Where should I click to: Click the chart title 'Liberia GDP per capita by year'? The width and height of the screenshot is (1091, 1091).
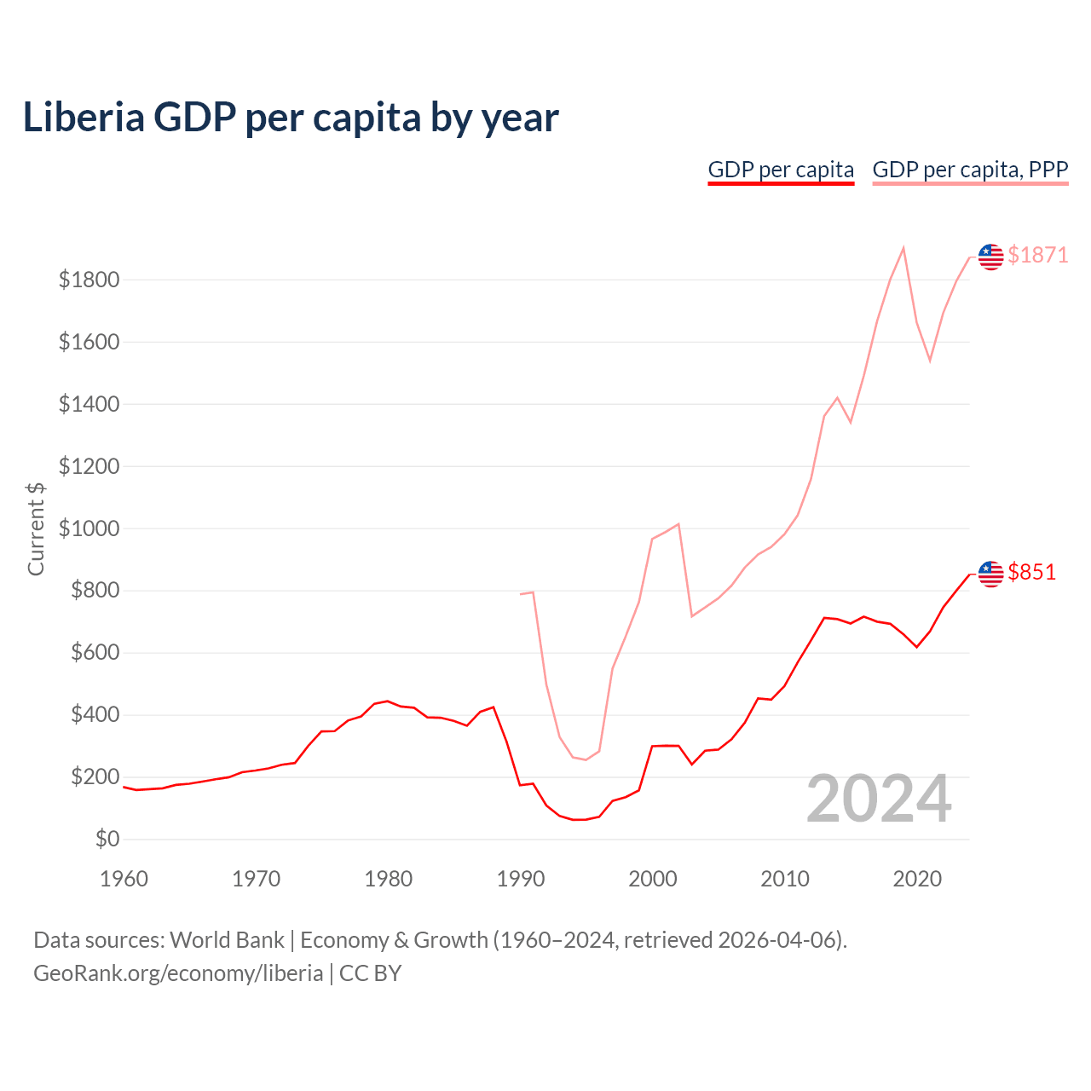click(x=291, y=118)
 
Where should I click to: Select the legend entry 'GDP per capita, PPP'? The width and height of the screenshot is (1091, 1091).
click(x=970, y=170)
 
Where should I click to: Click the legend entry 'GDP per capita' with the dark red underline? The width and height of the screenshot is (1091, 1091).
click(x=781, y=170)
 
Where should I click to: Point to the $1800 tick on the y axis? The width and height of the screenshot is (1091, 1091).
click(x=89, y=280)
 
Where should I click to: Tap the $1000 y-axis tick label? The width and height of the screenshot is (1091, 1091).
click(x=89, y=528)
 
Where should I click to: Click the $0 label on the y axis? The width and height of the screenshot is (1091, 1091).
click(x=107, y=840)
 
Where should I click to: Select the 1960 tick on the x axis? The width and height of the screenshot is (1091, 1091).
click(x=124, y=879)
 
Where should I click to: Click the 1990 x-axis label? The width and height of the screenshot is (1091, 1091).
click(x=520, y=879)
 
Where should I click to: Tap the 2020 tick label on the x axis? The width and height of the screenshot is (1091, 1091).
click(x=917, y=879)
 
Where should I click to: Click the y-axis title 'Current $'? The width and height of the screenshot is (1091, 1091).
click(x=36, y=528)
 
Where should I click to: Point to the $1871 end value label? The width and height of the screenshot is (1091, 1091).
click(x=1037, y=255)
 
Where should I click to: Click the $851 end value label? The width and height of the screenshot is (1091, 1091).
click(x=1031, y=572)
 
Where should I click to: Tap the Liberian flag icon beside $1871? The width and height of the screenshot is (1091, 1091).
click(x=990, y=257)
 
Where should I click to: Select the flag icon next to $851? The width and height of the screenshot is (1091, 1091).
click(x=990, y=574)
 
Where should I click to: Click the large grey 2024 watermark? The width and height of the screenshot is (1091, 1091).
click(x=879, y=799)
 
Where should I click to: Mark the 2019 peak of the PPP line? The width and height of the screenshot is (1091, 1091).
click(x=903, y=248)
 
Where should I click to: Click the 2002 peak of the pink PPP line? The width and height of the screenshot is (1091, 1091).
click(x=678, y=524)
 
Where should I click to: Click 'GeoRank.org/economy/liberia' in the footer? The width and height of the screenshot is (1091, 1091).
click(x=178, y=973)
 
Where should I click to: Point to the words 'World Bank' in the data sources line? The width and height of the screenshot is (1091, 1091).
click(x=227, y=940)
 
